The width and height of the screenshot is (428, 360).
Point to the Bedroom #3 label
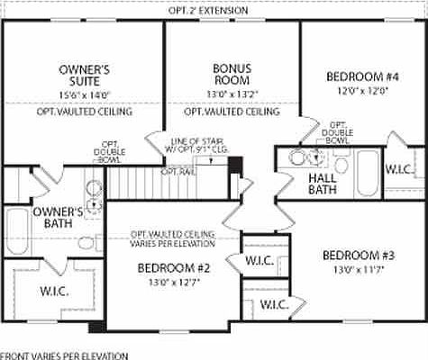coord(359,256)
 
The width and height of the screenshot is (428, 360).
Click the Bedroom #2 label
coord(174,268)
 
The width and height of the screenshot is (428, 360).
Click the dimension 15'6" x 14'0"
coord(84,94)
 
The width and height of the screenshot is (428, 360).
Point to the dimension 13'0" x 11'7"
coord(359,269)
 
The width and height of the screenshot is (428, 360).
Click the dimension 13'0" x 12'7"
coord(174,282)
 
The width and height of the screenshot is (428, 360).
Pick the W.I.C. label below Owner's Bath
coord(53,291)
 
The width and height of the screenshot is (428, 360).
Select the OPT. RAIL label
coord(175,171)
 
